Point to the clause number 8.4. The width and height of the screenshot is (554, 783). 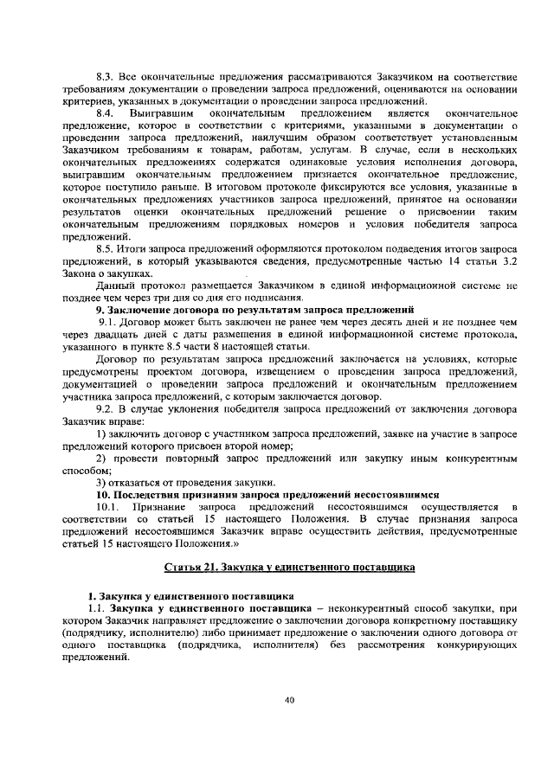click(105, 113)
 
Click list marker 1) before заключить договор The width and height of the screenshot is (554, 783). click(100, 433)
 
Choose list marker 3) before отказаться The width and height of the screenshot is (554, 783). click(100, 481)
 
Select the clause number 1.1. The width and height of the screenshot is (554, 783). click(96, 609)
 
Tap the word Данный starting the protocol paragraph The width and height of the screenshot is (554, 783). click(115, 285)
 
